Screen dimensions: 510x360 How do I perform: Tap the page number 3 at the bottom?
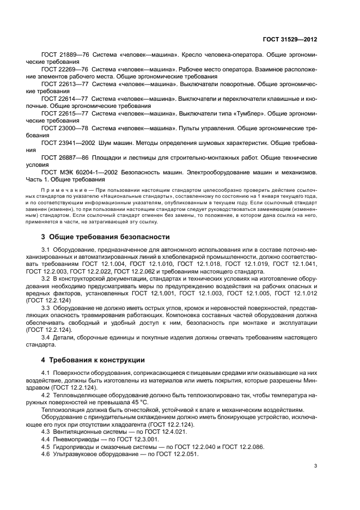[x=315, y=466]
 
